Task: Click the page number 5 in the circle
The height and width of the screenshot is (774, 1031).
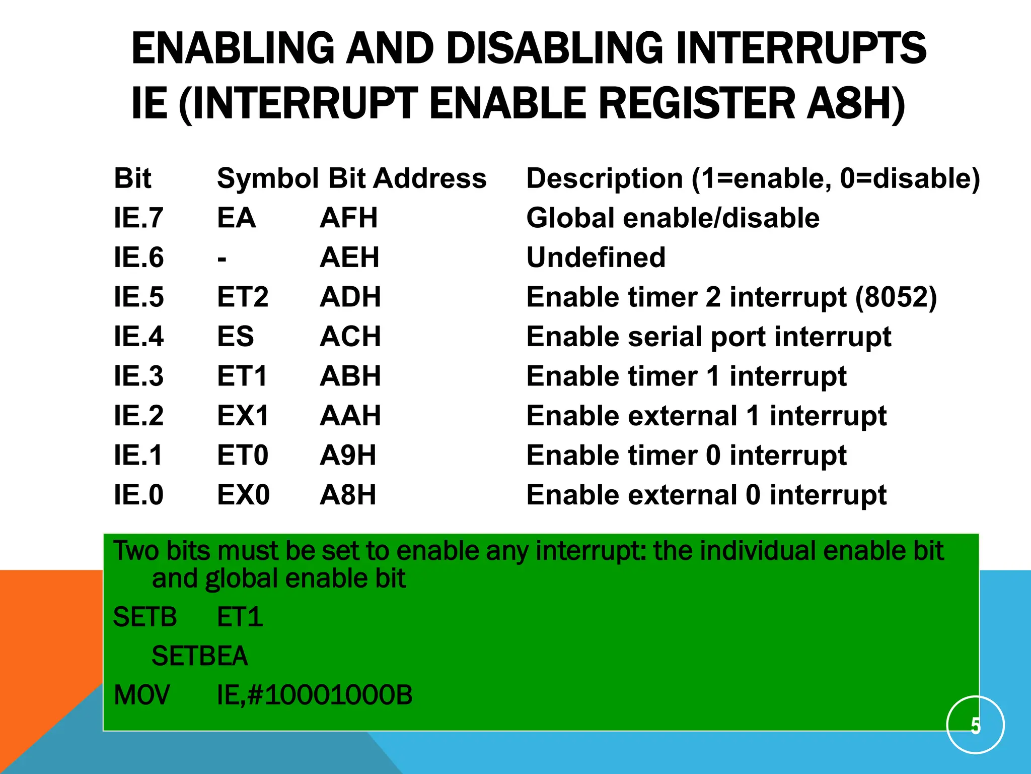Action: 975,726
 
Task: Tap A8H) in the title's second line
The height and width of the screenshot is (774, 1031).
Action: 855,104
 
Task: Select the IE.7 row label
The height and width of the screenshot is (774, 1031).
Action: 138,218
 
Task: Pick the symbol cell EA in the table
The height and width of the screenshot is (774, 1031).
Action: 236,218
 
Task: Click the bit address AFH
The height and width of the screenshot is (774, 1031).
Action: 348,218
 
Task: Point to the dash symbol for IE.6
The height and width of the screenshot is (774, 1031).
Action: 222,259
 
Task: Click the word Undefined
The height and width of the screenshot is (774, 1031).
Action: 596,257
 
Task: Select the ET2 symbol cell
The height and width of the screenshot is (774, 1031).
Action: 243,297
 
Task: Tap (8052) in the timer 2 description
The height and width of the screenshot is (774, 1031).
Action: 896,297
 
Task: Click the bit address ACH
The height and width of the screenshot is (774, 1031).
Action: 350,337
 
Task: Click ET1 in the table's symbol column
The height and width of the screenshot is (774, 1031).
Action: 242,376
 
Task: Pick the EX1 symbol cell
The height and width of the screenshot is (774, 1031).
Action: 243,416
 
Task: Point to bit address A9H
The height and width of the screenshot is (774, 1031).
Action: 348,456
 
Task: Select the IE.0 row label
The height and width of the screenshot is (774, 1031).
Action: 138,495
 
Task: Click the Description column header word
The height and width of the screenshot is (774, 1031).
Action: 605,179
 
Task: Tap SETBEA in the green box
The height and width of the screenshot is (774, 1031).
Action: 200,656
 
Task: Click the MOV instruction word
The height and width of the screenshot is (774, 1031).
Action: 142,695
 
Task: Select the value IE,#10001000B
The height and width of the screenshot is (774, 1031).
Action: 315,695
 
